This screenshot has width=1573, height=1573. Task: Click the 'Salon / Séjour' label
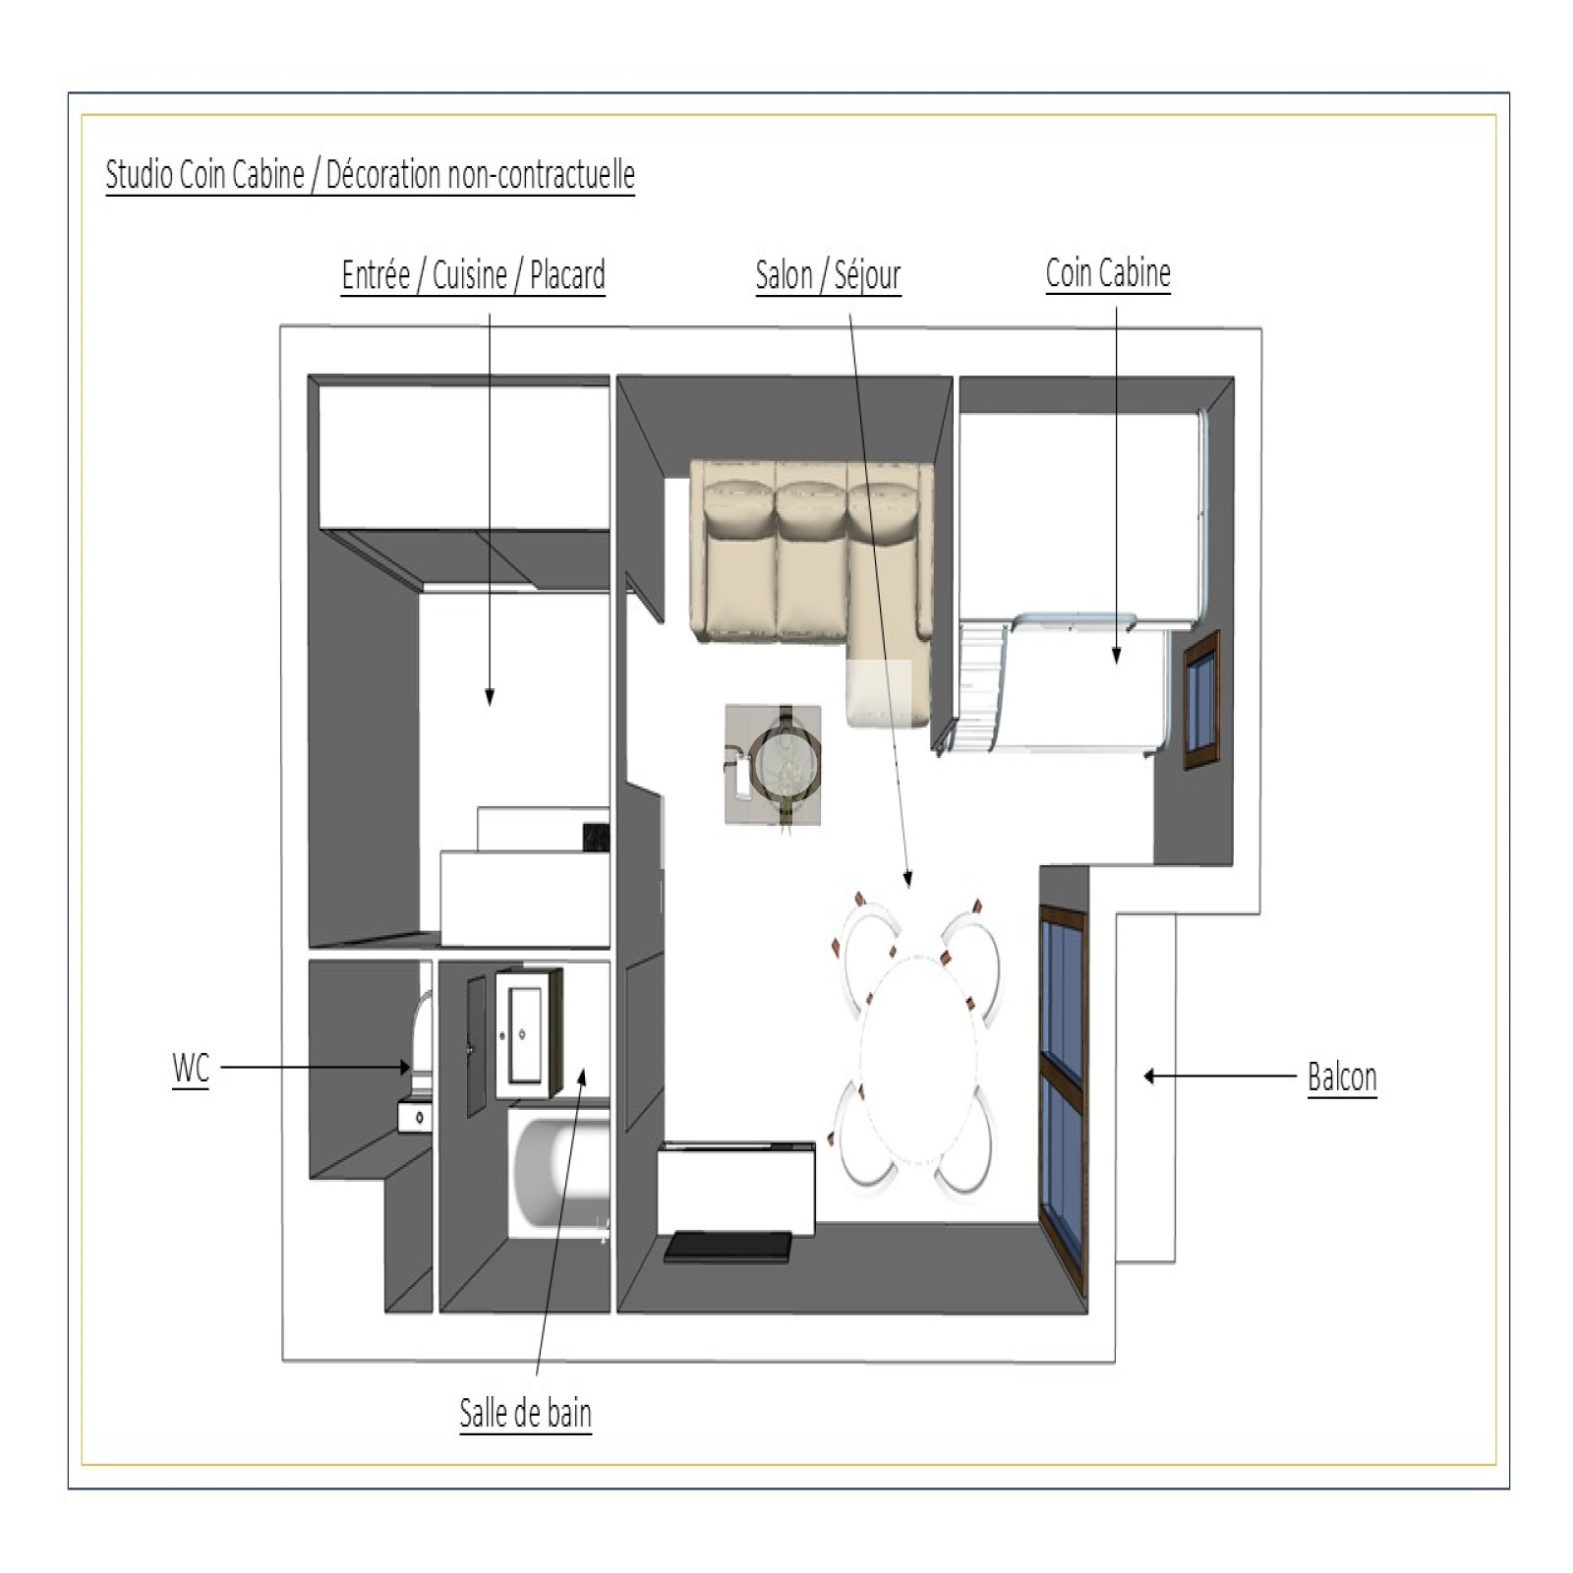point(828,276)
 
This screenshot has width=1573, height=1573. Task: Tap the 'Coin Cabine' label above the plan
point(1108,273)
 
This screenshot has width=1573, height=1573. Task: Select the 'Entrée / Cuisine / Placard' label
point(473,275)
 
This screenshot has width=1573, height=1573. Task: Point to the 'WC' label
point(191,1068)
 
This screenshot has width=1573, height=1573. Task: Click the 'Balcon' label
point(1342,1078)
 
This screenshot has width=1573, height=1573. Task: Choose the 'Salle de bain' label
point(526,1414)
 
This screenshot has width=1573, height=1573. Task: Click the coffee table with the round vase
point(774,765)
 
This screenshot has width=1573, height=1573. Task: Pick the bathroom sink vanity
point(528,1033)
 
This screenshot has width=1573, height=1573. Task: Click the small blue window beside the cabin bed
point(1201,700)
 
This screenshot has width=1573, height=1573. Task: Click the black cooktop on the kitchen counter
point(596,837)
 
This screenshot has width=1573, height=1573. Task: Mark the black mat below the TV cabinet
point(728,1248)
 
